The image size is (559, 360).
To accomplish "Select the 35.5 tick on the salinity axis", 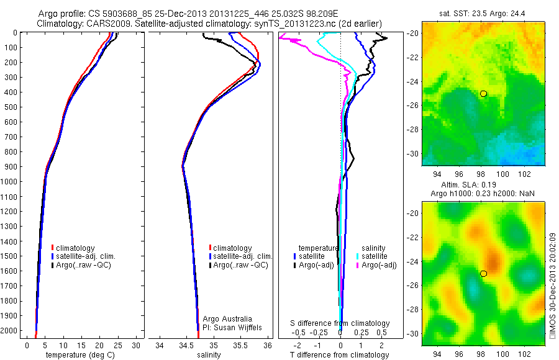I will pos(240,344).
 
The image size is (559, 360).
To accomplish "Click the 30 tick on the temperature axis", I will pos(137,344).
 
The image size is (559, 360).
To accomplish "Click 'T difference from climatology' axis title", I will pos(339,355).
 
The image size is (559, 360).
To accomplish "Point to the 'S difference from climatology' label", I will pos(340,323).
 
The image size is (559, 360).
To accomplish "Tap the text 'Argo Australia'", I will pos(227,318).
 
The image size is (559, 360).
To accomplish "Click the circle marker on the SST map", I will pos(483,94).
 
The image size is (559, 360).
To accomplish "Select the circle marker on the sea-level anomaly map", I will pos(483,274).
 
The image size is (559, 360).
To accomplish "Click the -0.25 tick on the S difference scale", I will pos(319,333).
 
